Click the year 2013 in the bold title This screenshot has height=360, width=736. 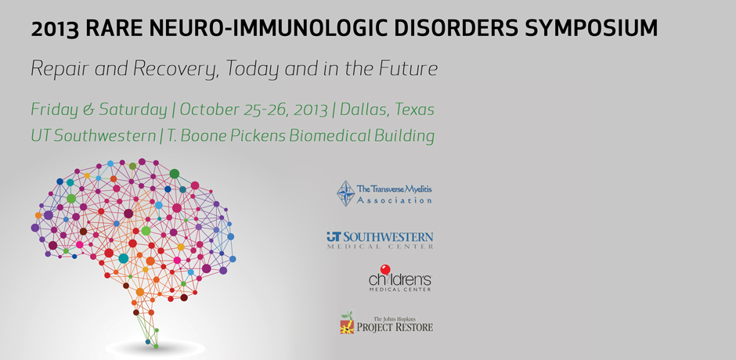click(55, 29)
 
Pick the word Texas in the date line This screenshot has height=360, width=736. click(415, 110)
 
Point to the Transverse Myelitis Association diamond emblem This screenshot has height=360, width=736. click(346, 193)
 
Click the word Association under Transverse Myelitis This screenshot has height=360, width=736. click(395, 200)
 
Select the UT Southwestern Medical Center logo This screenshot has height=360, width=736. click(380, 239)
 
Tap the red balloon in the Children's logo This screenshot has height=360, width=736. click(385, 269)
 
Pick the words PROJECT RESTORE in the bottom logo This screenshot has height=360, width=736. click(395, 326)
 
